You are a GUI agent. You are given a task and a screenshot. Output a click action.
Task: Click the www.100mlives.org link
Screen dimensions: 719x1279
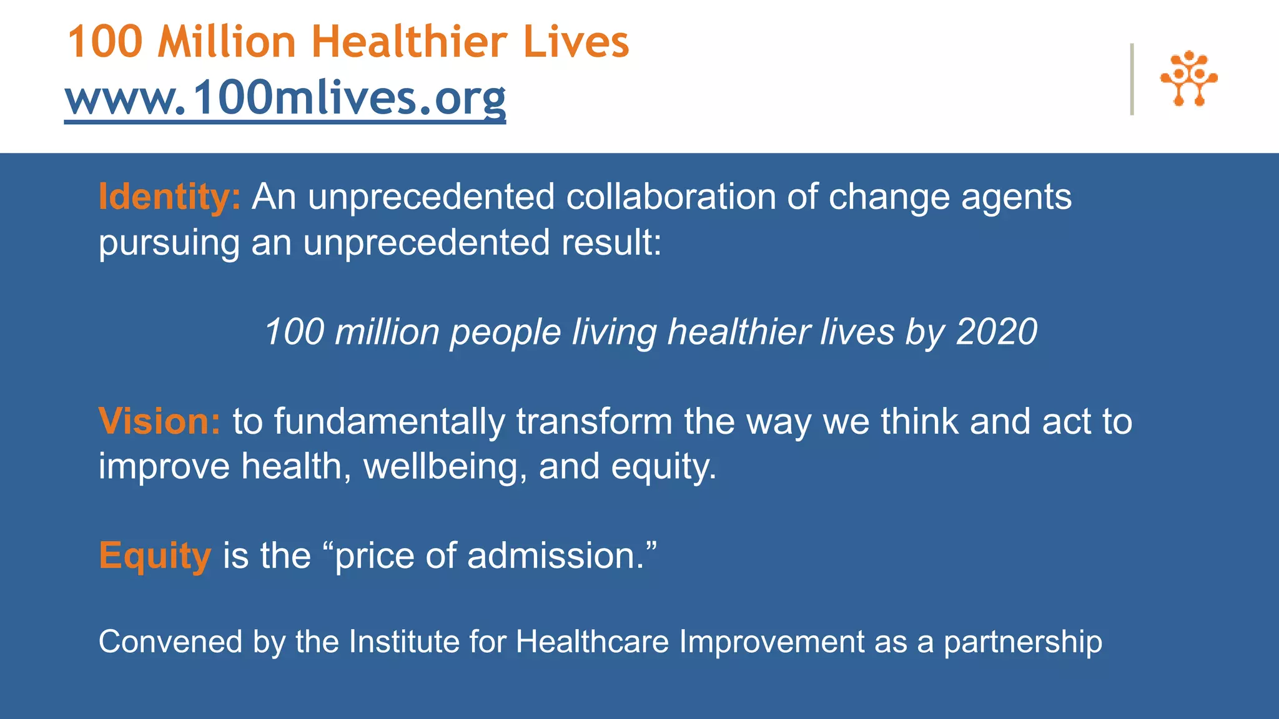(x=285, y=98)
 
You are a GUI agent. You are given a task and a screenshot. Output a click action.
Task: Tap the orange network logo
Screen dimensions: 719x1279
(x=1188, y=79)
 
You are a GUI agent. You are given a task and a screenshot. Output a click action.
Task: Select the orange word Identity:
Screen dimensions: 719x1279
(x=169, y=197)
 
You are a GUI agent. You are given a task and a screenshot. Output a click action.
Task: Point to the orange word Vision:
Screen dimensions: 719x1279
(x=159, y=421)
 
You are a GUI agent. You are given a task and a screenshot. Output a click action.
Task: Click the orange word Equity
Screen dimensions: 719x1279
(x=155, y=555)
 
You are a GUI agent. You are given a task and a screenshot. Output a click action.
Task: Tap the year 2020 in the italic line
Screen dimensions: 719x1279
(x=996, y=331)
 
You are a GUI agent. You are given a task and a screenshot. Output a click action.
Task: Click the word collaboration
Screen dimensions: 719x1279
(x=671, y=197)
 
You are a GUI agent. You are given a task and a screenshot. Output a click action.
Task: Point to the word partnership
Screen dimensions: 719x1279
(x=1022, y=643)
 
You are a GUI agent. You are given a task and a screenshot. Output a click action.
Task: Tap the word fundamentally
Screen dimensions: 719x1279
(x=389, y=421)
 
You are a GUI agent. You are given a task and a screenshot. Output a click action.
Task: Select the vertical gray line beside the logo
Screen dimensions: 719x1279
(x=1132, y=79)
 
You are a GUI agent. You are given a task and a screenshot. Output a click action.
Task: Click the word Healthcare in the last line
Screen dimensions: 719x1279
(x=592, y=642)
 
